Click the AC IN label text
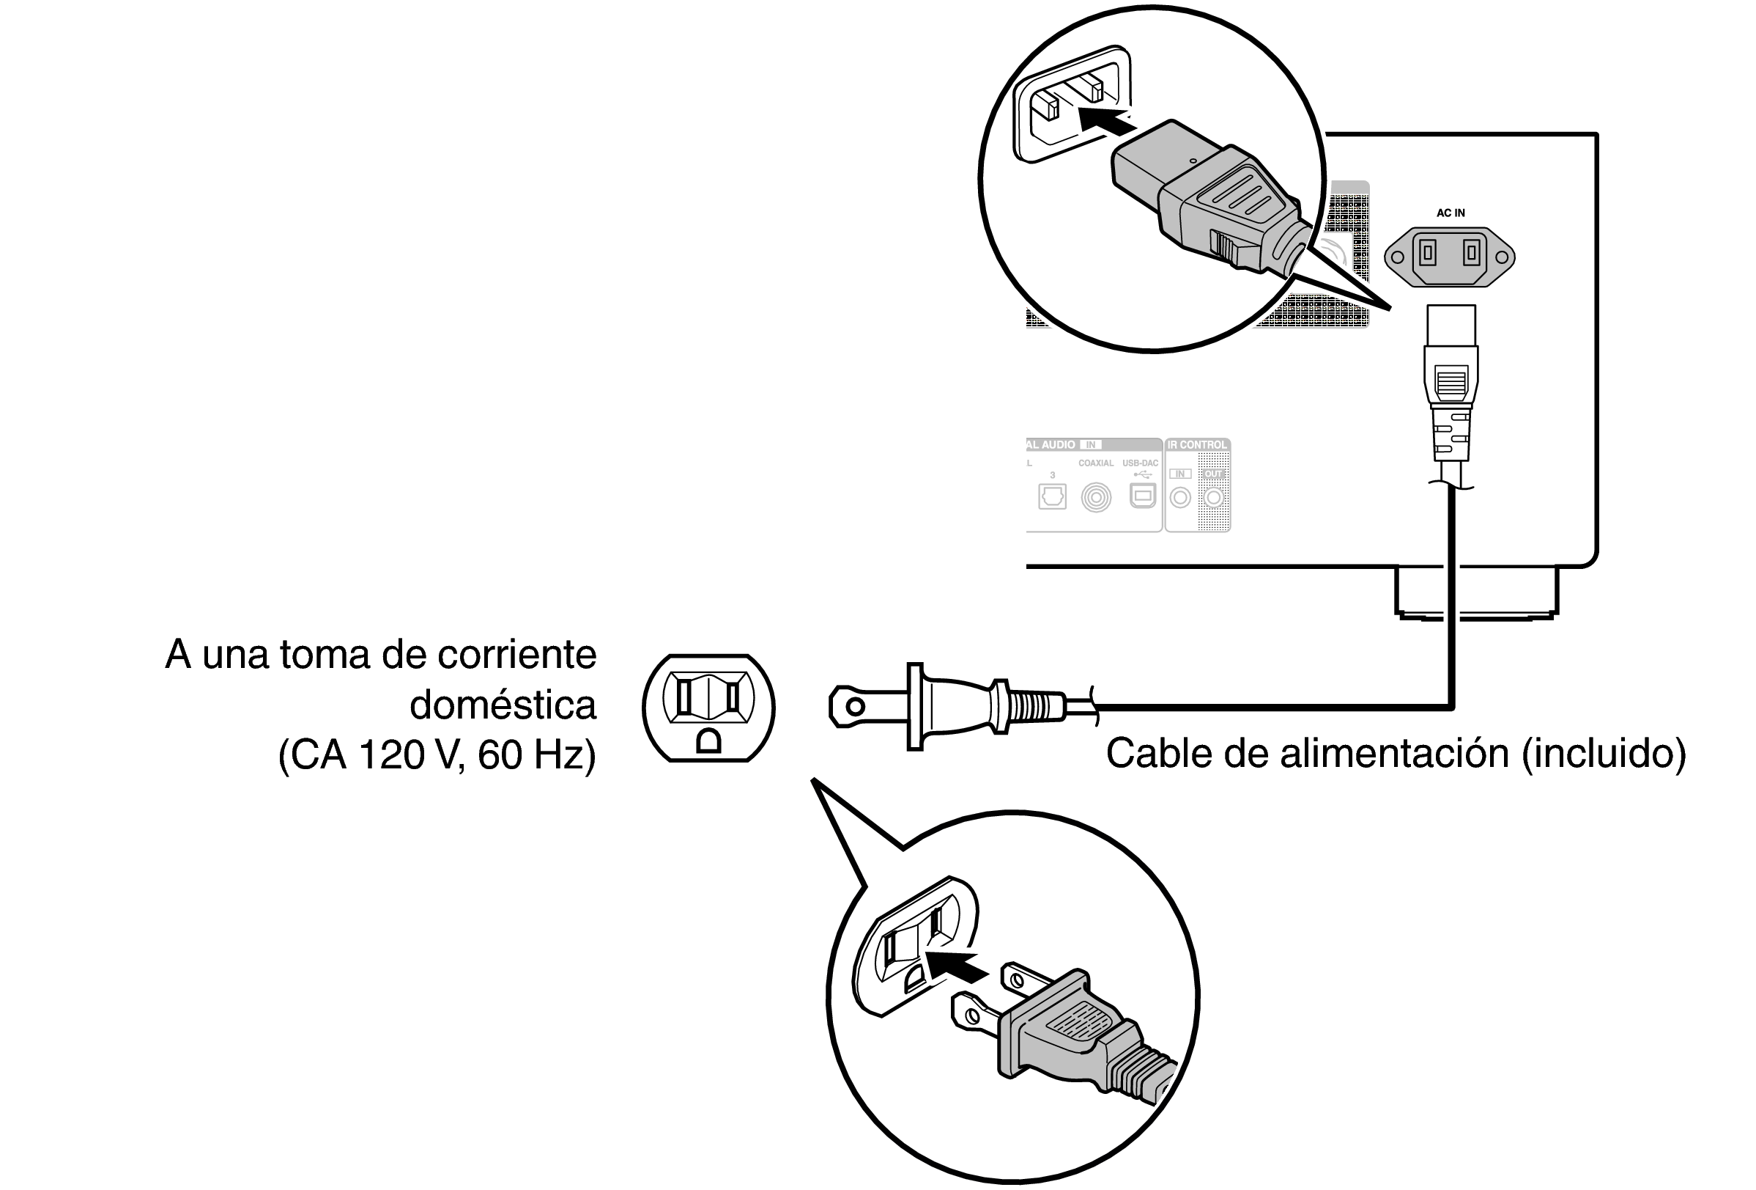coord(1450,213)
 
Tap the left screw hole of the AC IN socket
coord(1398,257)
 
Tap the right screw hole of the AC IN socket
coord(1502,257)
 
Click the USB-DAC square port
coord(1141,496)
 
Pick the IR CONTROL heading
coord(1198,445)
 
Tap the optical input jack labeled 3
coord(1052,496)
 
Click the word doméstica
coord(503,705)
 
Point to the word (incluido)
coord(1604,754)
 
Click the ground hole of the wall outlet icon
coord(708,742)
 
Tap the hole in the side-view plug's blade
coord(855,707)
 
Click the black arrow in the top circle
coord(1107,121)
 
